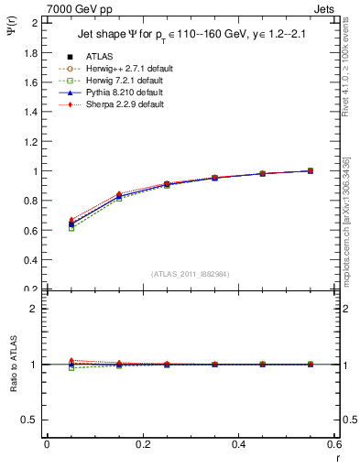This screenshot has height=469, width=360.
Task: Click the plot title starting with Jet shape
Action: tap(192, 35)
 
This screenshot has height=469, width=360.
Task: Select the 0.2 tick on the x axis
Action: tap(143, 444)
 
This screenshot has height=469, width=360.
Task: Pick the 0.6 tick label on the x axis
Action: tap(334, 444)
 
